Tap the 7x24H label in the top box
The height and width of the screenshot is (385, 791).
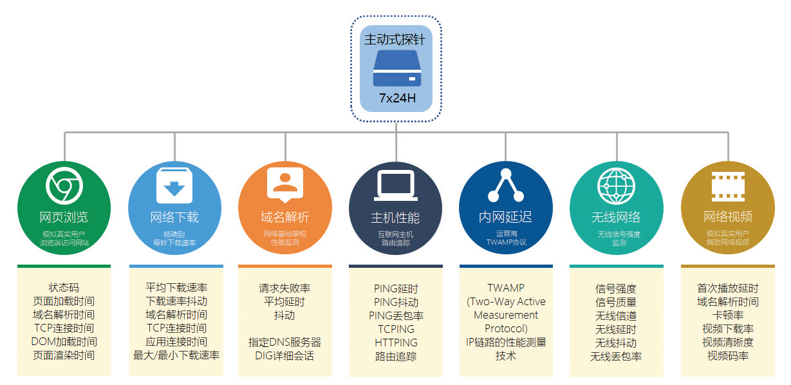[397, 99]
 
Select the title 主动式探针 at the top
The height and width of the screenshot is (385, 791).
[395, 39]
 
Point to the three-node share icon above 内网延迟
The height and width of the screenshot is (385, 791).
[505, 185]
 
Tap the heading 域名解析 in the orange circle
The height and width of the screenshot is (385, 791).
[285, 217]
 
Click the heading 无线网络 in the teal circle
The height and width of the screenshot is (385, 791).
[616, 217]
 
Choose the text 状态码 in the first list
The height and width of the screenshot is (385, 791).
[64, 288]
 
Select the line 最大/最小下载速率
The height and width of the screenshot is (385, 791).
[176, 355]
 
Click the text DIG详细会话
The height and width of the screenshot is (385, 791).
[284, 355]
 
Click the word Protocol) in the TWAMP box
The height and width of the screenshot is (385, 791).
[506, 328]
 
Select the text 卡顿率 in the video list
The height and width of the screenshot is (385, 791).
[727, 315]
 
